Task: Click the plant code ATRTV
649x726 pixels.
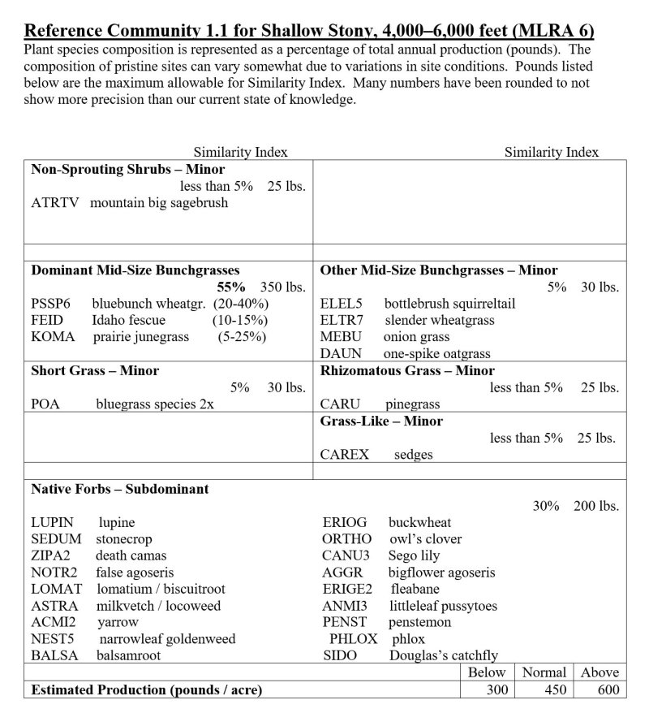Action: click(x=55, y=203)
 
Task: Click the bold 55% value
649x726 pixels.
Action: click(x=231, y=287)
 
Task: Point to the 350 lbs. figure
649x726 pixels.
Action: click(x=282, y=287)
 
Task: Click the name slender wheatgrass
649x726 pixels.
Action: click(x=439, y=320)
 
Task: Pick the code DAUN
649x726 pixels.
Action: click(x=341, y=354)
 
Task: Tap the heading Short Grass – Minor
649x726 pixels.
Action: click(x=95, y=371)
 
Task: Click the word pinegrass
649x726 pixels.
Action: click(x=412, y=404)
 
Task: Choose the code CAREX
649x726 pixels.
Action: click(x=344, y=455)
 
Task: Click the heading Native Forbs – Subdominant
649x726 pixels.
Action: click(x=119, y=490)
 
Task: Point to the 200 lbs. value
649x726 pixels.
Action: click(x=596, y=506)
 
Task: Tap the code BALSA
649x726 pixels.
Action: click(x=55, y=655)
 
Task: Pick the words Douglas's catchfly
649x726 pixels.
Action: click(x=444, y=655)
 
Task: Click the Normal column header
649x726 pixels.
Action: click(x=544, y=672)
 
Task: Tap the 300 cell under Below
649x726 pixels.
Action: click(x=496, y=689)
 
